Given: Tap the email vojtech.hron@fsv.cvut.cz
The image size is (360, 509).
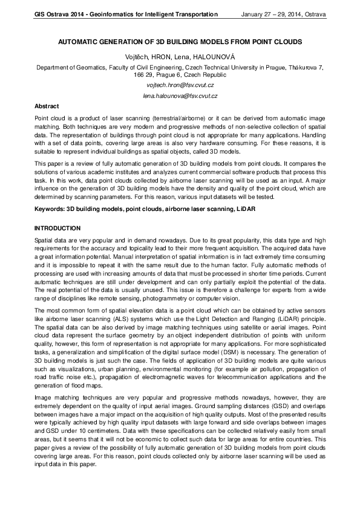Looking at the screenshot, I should tap(180, 86).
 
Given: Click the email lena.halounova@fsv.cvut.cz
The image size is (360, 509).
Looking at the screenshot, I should tap(180, 96).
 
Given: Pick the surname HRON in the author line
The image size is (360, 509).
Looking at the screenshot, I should tap(159, 56).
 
